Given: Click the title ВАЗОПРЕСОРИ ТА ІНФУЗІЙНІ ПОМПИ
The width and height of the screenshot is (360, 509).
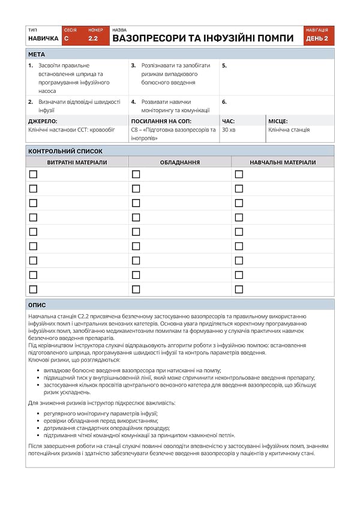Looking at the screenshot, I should point(203,38).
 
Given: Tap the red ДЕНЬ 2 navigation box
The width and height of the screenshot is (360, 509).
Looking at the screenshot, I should point(317,38).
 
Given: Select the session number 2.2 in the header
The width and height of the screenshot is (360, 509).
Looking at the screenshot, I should point(93,38).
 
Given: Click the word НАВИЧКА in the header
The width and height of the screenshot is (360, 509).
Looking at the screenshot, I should point(43,38).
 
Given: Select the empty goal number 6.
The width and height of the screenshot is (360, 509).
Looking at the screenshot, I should point(224,102).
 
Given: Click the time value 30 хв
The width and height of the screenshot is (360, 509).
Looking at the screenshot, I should point(229,129).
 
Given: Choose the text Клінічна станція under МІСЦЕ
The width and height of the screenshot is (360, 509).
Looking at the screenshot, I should point(289,129).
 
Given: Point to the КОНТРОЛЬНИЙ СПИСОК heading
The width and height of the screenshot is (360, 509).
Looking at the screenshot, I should point(65,151).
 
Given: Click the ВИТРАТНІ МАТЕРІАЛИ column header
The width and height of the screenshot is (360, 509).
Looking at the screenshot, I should point(77,162).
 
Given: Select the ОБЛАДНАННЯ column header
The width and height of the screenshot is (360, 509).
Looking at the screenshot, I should point(180,162).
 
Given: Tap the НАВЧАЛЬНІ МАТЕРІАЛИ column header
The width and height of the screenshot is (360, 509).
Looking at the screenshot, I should point(283,162).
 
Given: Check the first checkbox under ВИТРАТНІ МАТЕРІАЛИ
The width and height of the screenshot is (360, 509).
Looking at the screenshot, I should point(33,174).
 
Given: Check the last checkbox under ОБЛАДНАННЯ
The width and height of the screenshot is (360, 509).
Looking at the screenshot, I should point(136,290).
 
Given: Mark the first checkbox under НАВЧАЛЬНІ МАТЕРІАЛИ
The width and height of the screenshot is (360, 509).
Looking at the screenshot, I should point(239,174).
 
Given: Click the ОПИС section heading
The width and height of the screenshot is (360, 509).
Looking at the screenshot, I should point(37,305).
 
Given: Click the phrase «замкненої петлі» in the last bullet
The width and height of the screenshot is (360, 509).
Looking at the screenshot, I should point(214,435).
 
